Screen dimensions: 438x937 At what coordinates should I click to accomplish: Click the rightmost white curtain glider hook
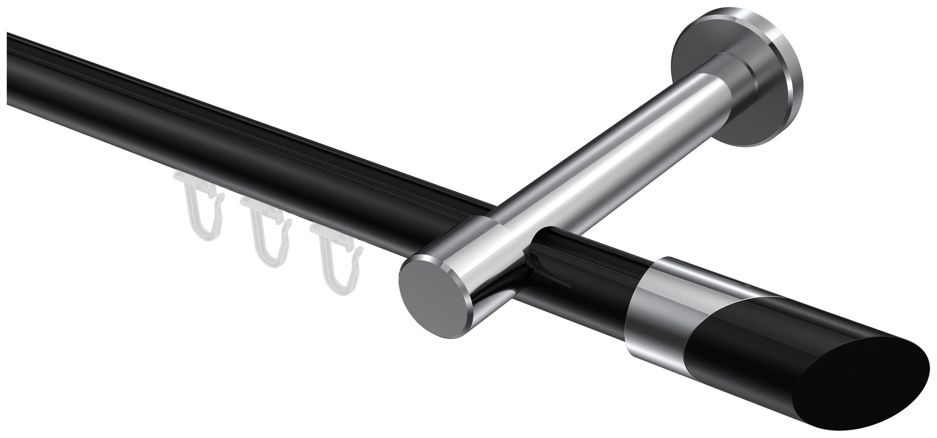(x=334, y=255)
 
